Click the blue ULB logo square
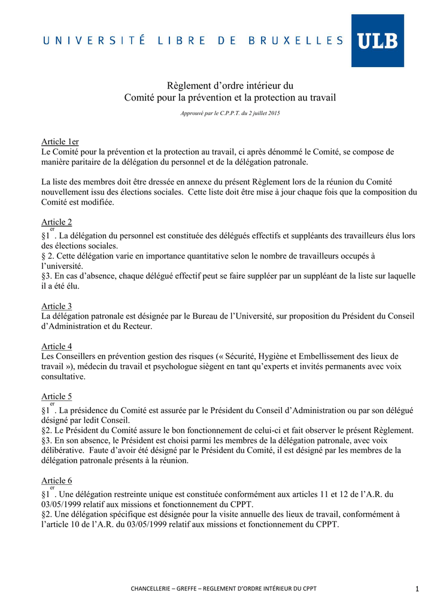(x=377, y=41)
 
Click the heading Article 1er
(x=60, y=142)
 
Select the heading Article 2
(x=56, y=222)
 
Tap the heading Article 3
(x=56, y=306)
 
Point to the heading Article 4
(x=56, y=347)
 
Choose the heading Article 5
(x=56, y=396)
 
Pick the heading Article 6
(x=56, y=481)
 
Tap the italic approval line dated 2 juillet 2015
(x=230, y=113)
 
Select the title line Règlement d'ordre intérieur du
(x=230, y=86)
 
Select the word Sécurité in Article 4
(x=246, y=357)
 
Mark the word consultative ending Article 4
(x=63, y=377)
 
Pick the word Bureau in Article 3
(x=186, y=316)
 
